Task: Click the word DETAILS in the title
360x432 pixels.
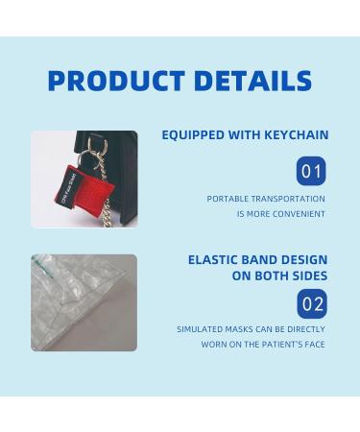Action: pos(252,81)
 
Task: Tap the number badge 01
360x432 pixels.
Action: pos(311,172)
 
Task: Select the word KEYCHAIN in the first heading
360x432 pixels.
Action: pos(289,135)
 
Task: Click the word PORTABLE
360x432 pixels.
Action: pos(228,199)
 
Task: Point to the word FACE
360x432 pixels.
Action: pos(313,344)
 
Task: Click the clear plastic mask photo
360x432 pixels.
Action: pos(84,301)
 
